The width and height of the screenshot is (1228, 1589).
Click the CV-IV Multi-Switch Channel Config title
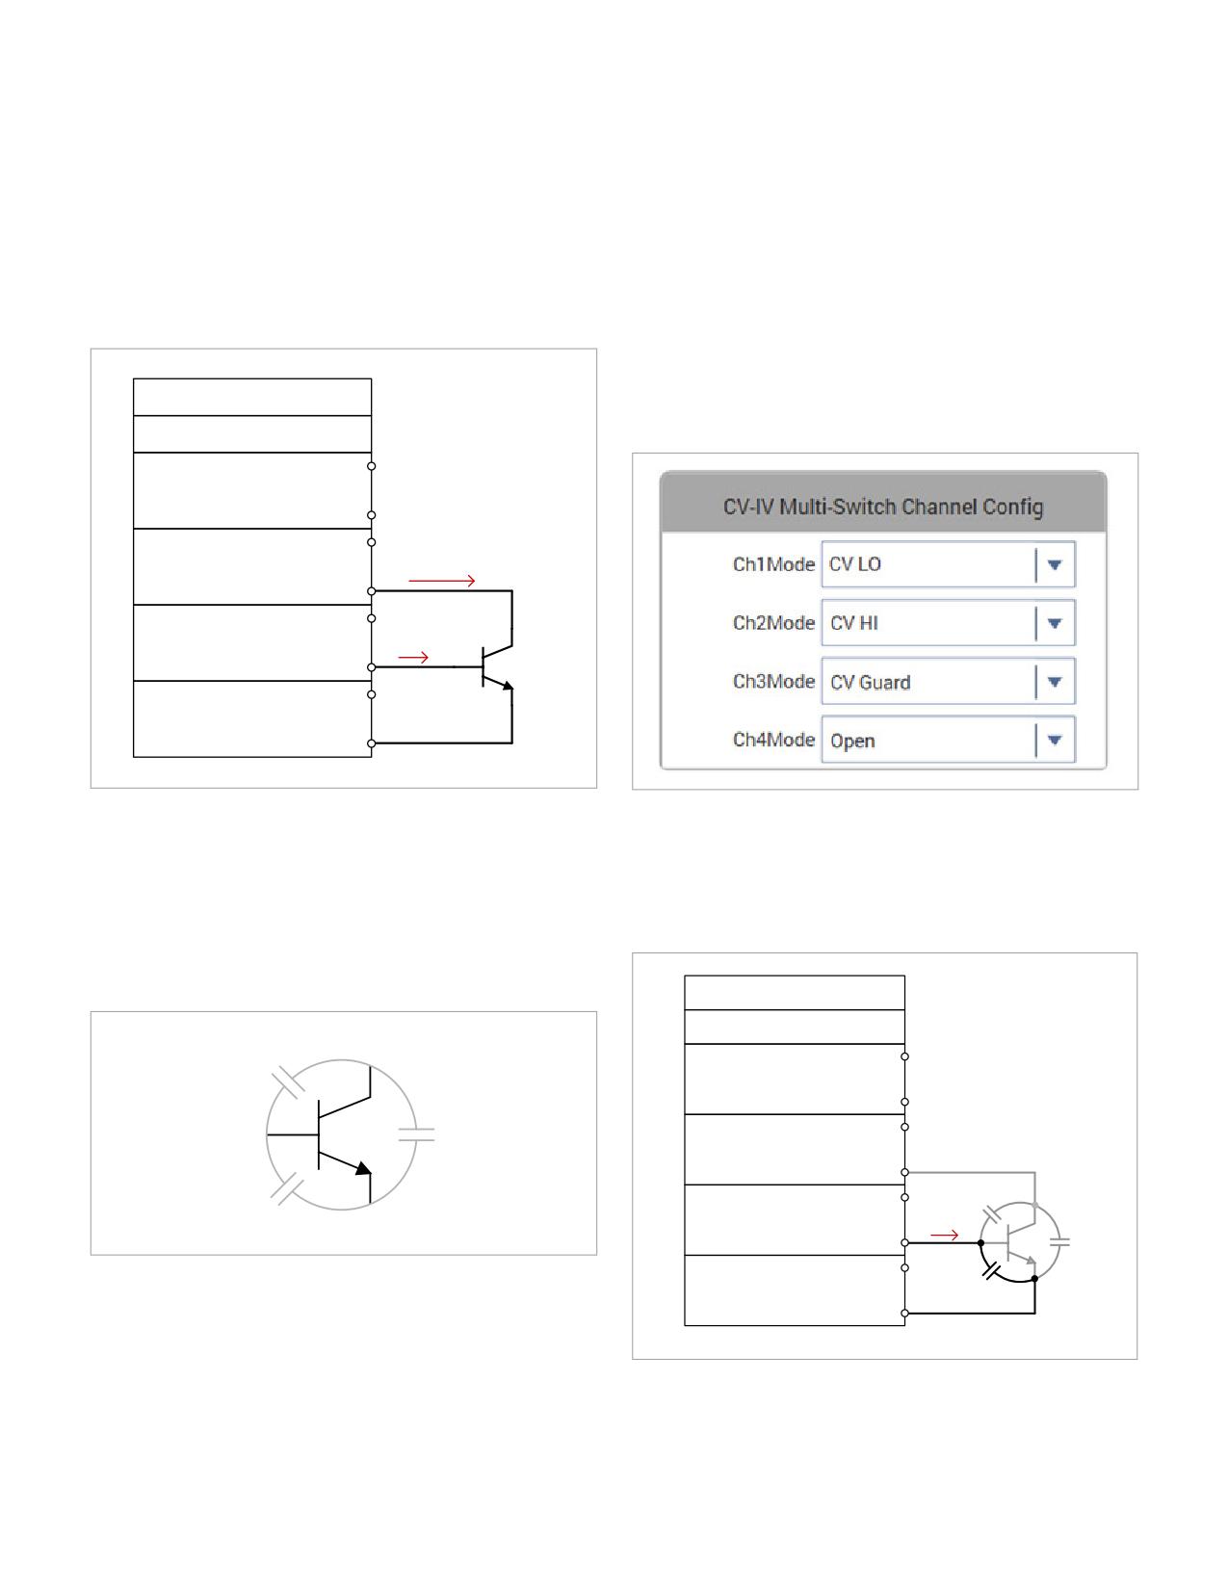tap(883, 507)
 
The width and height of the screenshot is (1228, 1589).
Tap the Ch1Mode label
tap(773, 564)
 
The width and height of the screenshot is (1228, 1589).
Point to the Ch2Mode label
tap(773, 623)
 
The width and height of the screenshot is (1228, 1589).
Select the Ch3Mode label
tap(773, 682)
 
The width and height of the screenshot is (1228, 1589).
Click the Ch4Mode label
tap(773, 740)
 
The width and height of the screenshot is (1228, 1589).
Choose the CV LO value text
tap(855, 564)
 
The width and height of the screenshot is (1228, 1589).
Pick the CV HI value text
tap(854, 623)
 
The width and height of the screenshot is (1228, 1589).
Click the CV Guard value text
tap(871, 682)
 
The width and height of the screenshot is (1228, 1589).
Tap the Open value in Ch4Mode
tap(852, 742)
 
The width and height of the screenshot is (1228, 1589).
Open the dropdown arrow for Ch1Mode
tap(1054, 564)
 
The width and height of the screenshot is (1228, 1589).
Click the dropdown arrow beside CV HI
tap(1054, 623)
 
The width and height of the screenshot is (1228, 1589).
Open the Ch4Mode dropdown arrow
tap(1054, 740)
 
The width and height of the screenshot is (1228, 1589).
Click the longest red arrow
tap(442, 581)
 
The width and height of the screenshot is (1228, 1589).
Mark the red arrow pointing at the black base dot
tap(944, 1235)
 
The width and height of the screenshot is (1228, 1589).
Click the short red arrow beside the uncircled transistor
tap(413, 658)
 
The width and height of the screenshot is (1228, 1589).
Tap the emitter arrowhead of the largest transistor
tap(363, 1168)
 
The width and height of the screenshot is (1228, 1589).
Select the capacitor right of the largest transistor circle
tap(416, 1134)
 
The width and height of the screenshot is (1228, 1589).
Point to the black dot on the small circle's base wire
tap(980, 1243)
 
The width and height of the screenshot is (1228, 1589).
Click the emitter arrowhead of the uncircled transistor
tap(509, 686)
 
